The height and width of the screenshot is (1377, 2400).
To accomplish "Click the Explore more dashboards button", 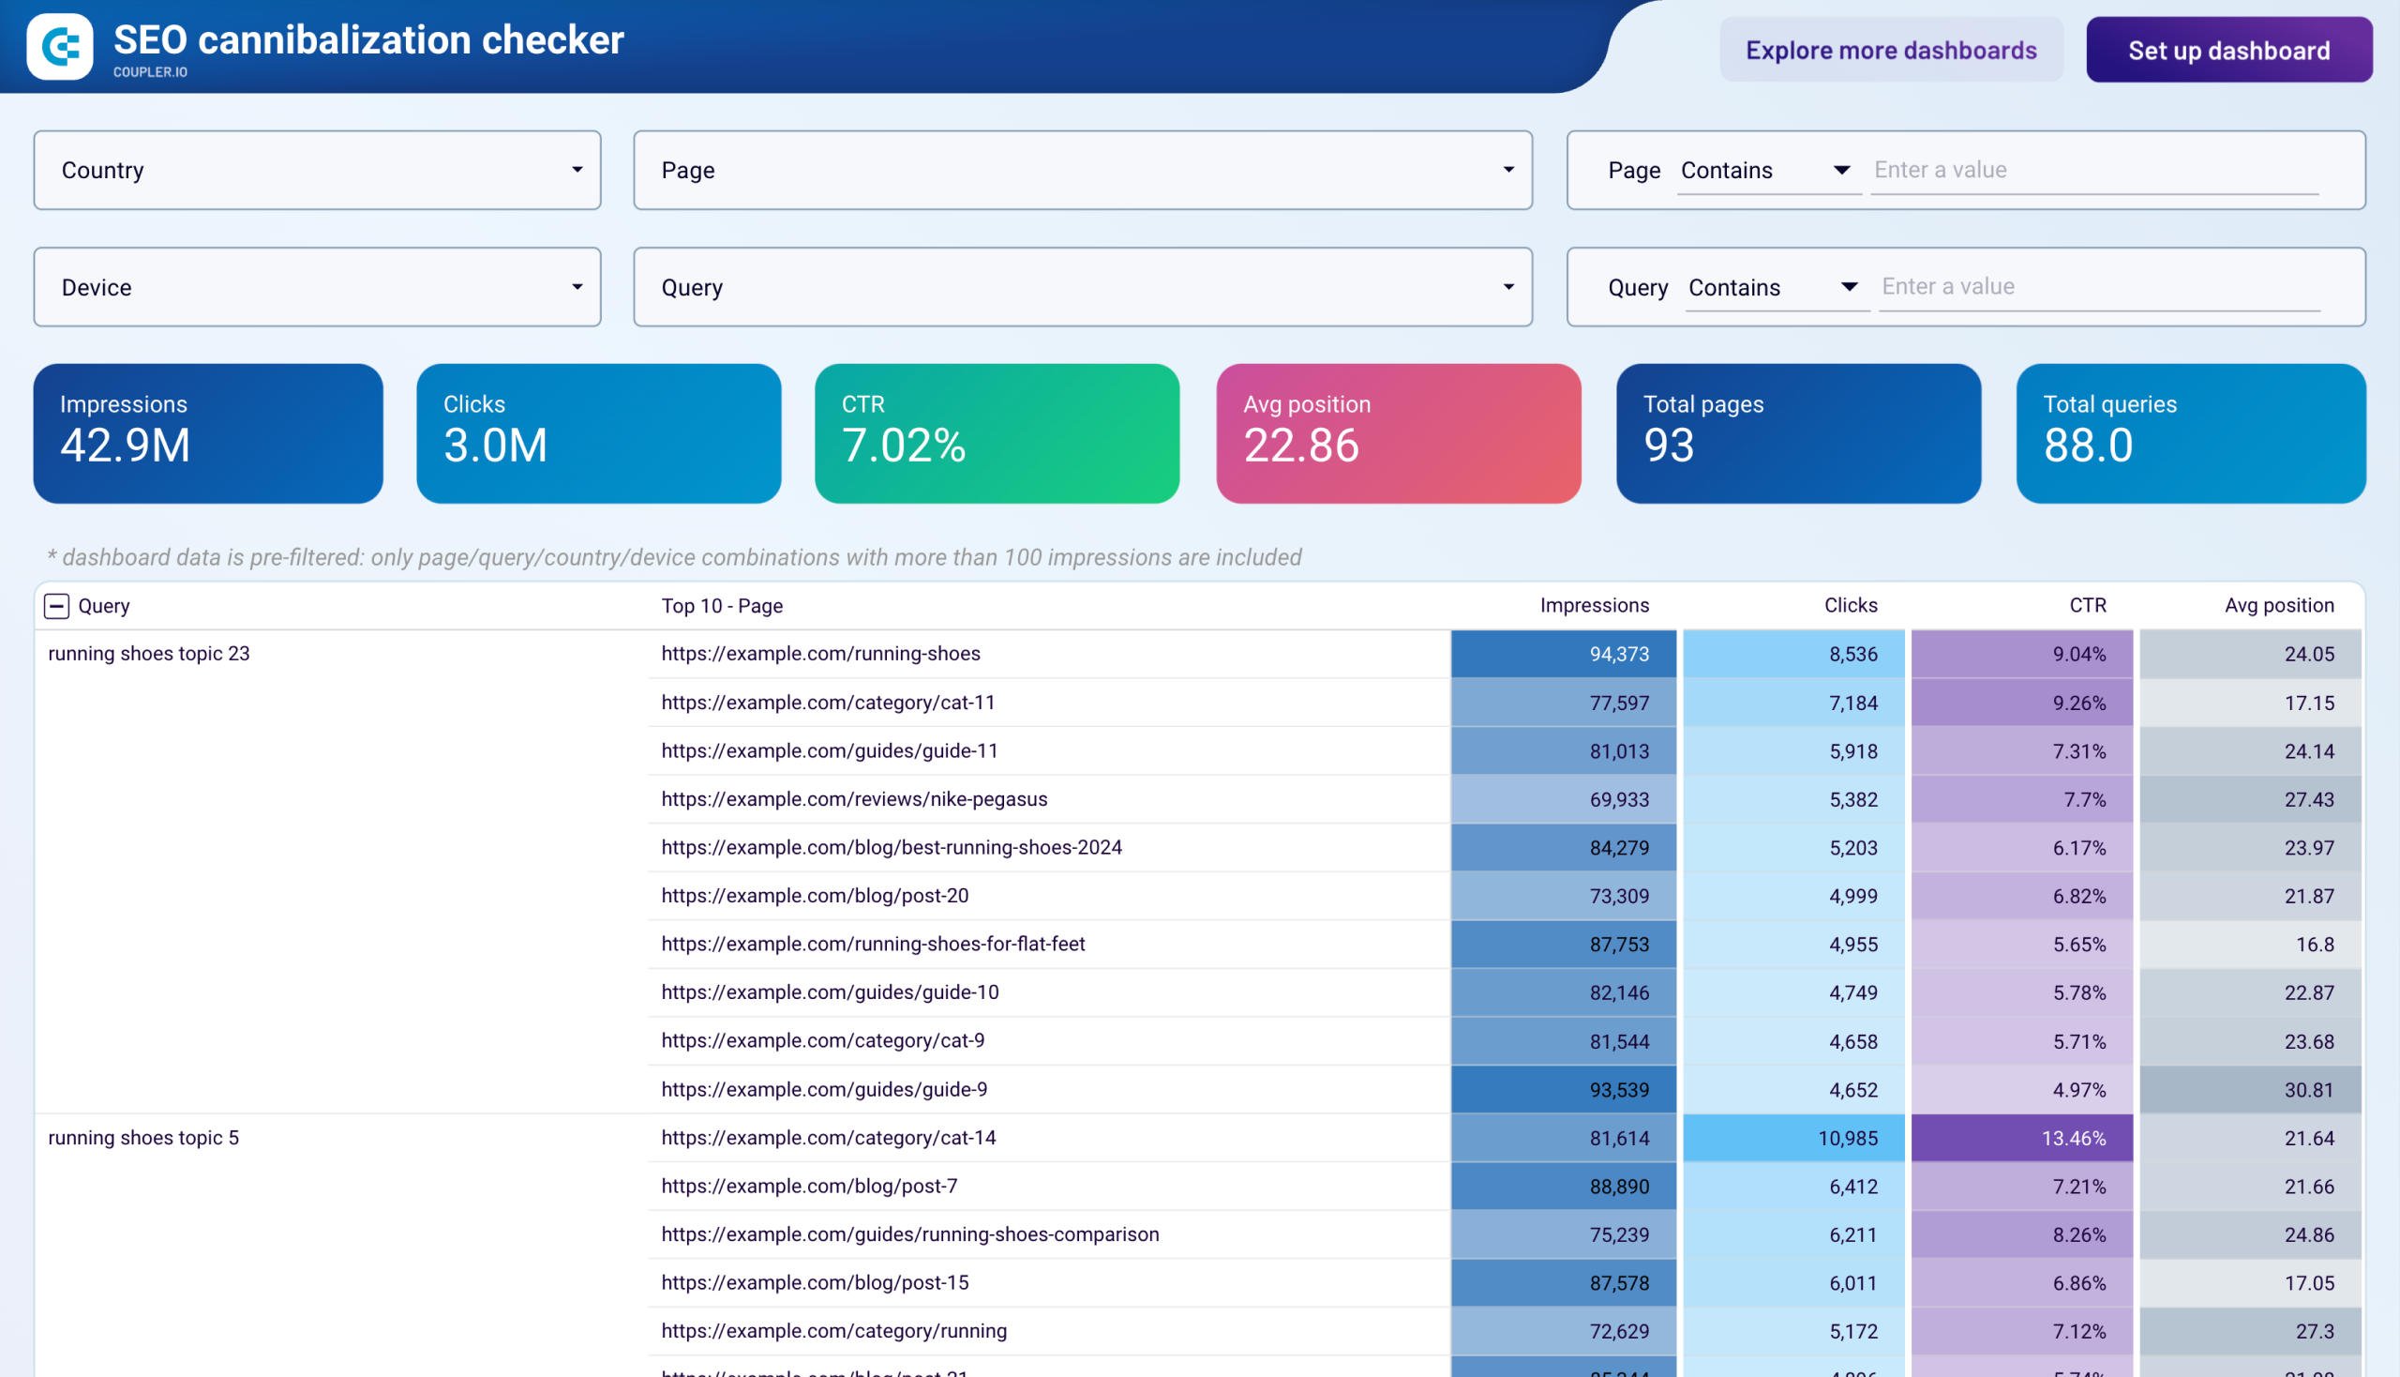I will click(x=1891, y=50).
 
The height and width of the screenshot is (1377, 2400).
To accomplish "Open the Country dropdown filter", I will click(x=317, y=170).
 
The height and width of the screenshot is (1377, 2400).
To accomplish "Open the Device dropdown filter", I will click(x=317, y=288).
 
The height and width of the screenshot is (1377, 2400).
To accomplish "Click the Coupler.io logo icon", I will click(x=60, y=46).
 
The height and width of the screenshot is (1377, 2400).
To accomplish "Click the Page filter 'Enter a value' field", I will click(x=2093, y=170).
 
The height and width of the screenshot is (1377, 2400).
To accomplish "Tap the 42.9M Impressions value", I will click(x=126, y=446).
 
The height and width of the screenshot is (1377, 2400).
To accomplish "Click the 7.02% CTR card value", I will click(x=904, y=446).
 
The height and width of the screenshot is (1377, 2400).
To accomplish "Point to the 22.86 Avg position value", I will click(x=1300, y=446).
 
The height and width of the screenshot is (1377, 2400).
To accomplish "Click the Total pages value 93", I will click(x=1669, y=446).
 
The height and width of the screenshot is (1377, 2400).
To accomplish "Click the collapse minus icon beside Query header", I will click(x=56, y=606).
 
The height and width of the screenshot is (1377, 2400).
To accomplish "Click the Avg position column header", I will click(x=2278, y=605).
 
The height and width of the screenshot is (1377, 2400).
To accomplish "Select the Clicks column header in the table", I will click(x=1850, y=605).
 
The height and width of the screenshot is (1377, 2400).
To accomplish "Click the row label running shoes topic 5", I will click(x=143, y=1138).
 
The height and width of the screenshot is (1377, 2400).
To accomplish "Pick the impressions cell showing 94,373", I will click(x=1618, y=655).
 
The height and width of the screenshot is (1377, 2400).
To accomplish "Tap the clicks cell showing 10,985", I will click(x=1847, y=1139).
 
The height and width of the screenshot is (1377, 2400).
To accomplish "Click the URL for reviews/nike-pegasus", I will click(x=853, y=799).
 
